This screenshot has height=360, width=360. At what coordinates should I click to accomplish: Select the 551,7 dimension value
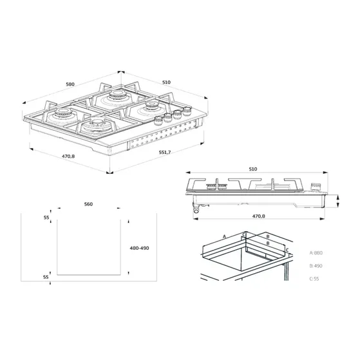point(164,152)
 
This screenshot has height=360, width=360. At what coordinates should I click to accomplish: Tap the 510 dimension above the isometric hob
point(166,82)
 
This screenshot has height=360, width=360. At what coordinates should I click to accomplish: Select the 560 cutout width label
point(88,204)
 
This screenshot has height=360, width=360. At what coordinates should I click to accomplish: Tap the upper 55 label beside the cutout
point(46,218)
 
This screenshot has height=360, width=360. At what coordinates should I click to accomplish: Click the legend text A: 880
point(317,253)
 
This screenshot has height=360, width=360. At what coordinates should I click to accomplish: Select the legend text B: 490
point(317,265)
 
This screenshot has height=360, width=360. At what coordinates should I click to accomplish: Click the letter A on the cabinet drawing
point(224,236)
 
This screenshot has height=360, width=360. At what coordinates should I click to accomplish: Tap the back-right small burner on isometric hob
point(152,104)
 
